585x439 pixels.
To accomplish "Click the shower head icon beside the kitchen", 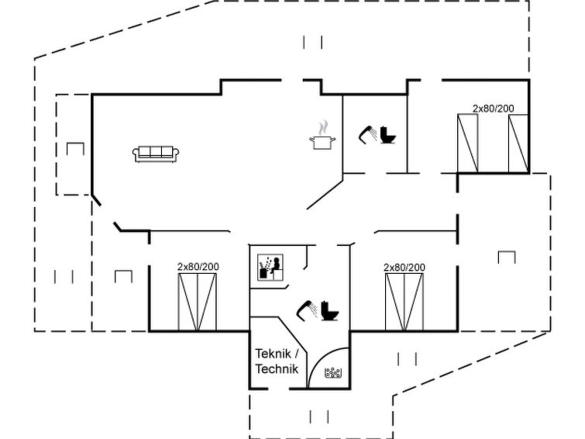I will click(367, 133).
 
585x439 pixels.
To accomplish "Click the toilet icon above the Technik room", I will click(331, 311).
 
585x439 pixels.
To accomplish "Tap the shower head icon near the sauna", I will click(308, 309).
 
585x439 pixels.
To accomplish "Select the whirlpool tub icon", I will click(334, 373).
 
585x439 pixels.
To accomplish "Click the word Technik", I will click(277, 369).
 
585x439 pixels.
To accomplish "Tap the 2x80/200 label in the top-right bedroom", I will click(494, 109).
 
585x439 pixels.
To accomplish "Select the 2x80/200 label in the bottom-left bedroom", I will click(198, 267).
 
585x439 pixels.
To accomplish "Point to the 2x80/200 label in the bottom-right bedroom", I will click(404, 267).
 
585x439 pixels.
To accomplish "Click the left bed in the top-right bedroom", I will click(468, 143).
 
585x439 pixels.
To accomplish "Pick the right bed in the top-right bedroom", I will click(518, 143).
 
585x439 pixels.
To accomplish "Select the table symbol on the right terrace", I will click(507, 257).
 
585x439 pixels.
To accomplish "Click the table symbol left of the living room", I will click(75, 149).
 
